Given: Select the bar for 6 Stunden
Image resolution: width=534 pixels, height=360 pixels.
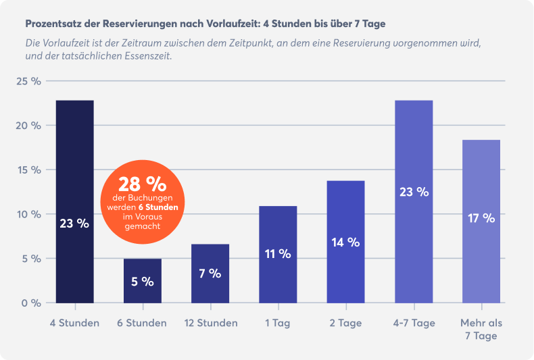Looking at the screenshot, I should pyautogui.click(x=142, y=280).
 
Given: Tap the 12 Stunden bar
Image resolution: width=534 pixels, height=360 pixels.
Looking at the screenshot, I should pyautogui.click(x=210, y=273).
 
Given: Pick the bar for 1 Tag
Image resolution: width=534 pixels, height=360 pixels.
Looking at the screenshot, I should pyautogui.click(x=278, y=254).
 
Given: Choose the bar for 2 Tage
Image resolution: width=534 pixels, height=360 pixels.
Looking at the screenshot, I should pyautogui.click(x=345, y=241).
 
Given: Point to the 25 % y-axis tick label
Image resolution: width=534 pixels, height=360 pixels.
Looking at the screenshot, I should pyautogui.click(x=29, y=81).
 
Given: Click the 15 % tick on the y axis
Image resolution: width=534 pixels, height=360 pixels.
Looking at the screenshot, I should pyautogui.click(x=29, y=170).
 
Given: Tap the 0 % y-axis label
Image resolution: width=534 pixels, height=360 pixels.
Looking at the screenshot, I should pyautogui.click(x=31, y=303).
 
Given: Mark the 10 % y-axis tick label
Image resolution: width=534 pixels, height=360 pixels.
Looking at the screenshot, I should pyautogui.click(x=29, y=214).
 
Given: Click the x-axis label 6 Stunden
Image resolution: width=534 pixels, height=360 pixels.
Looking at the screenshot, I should pyautogui.click(x=142, y=323).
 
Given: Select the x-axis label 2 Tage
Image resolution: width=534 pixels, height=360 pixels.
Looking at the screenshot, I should pyautogui.click(x=345, y=323).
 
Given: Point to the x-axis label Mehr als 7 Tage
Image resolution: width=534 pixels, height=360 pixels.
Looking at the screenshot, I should pyautogui.click(x=481, y=329).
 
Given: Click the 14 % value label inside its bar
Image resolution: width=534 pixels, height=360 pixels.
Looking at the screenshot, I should pyautogui.click(x=345, y=242).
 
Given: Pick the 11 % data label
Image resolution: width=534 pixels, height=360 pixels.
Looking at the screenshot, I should pyautogui.click(x=278, y=254).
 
